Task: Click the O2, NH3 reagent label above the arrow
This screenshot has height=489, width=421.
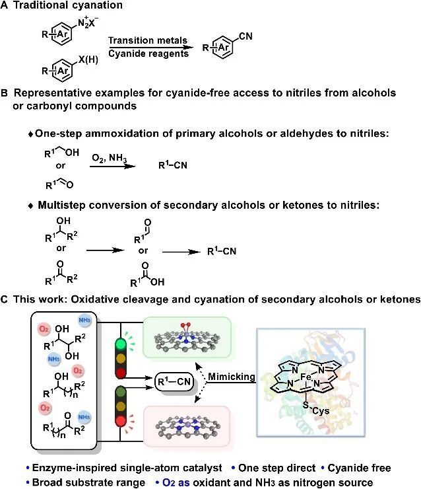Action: [108, 155]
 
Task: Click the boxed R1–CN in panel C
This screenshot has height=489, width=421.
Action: [174, 381]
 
